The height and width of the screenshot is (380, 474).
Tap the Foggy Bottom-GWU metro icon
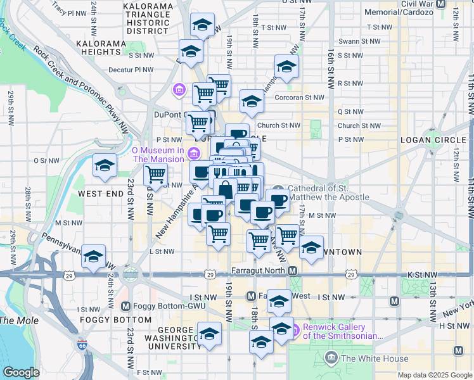point(125,306)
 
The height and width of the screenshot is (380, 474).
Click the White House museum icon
point(331,358)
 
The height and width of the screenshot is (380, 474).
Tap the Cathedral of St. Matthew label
point(328,193)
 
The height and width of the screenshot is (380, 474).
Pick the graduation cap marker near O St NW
point(105,166)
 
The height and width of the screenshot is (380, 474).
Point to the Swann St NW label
point(359,41)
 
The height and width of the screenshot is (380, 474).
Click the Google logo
point(21,372)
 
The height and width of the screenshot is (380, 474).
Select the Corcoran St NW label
point(299,98)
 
